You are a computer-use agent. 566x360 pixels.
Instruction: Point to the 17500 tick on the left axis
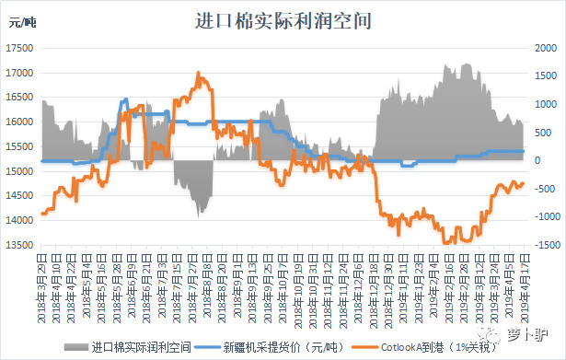point(22,48)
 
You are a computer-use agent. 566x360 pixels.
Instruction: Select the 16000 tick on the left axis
point(22,122)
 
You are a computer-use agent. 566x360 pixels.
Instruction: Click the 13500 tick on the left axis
point(22,245)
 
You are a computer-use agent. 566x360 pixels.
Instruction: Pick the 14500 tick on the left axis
point(22,196)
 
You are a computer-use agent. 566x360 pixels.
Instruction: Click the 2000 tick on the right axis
point(541,48)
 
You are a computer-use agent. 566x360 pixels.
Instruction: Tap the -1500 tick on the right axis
point(541,245)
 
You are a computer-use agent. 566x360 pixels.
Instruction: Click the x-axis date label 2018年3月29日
point(43,281)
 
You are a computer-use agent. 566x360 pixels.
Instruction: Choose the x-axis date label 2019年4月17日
point(525,281)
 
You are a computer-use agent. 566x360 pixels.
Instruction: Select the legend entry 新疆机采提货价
point(277,348)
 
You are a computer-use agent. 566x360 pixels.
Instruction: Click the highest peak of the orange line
point(199,74)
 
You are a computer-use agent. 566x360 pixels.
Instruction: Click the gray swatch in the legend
point(76,348)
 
